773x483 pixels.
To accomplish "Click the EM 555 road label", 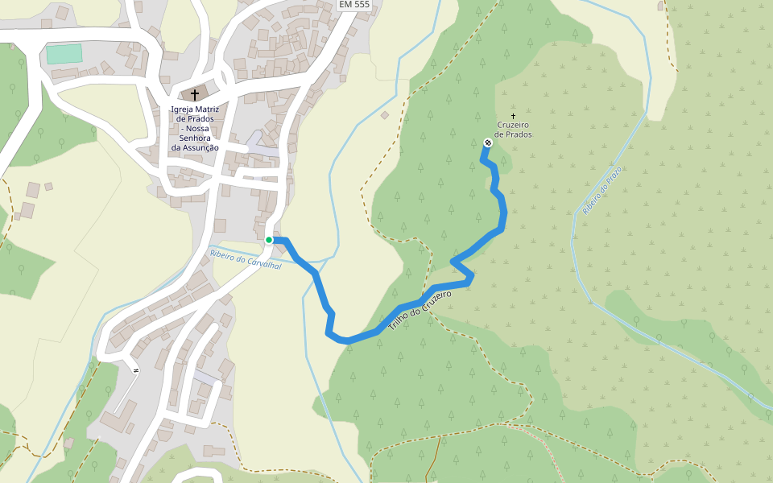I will click(x=354, y=5).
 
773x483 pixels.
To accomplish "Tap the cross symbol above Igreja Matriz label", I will click(x=195, y=95).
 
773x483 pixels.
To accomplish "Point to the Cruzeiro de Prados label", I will click(x=513, y=130).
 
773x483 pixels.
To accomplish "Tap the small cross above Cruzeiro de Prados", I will click(x=513, y=117).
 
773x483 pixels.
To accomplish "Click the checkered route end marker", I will click(x=487, y=143).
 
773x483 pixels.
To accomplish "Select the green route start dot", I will click(x=269, y=239).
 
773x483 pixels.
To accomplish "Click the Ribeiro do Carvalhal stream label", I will click(x=246, y=259).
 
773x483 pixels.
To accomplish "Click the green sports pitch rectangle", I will click(x=64, y=54).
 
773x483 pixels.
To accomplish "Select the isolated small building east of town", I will click(x=385, y=115).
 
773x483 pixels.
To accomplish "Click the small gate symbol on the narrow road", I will click(x=136, y=370).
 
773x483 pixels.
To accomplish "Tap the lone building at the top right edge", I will click(x=661, y=6).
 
